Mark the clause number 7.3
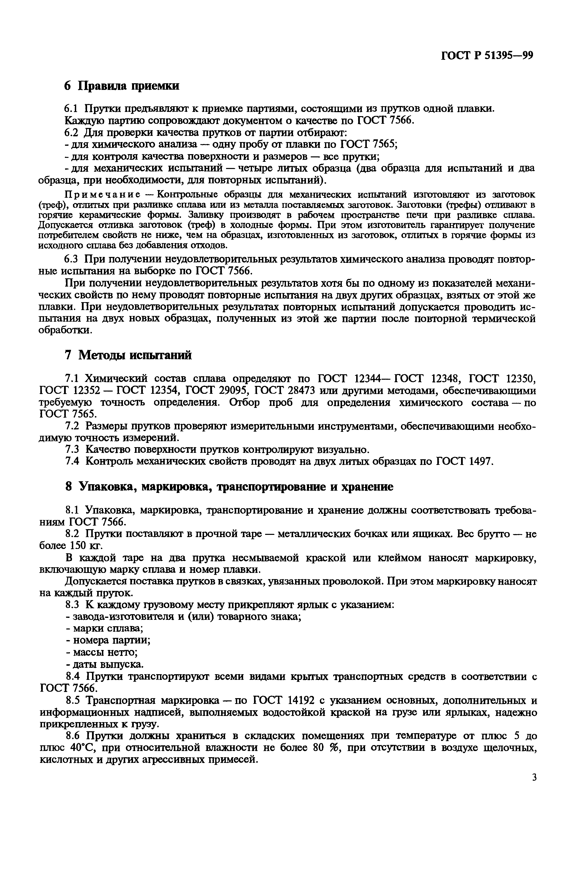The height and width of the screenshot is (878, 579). [72, 449]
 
